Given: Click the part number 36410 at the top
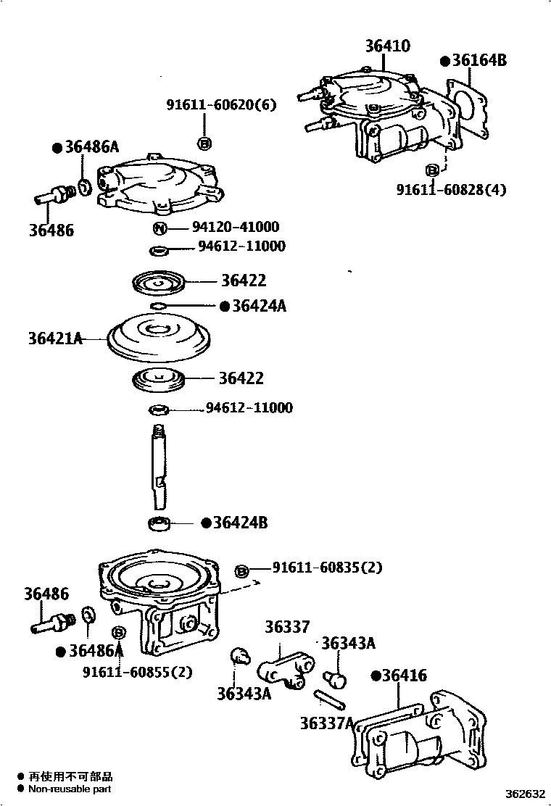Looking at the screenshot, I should pyautogui.click(x=387, y=46).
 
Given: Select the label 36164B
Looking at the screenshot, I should pyautogui.click(x=478, y=61).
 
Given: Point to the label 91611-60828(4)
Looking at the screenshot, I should pyautogui.click(x=451, y=190).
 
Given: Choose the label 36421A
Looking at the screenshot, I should pyautogui.click(x=55, y=338).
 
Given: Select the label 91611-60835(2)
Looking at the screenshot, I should pyautogui.click(x=327, y=568).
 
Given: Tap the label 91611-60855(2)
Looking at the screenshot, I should pyautogui.click(x=137, y=672).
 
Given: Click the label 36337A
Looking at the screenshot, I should pyautogui.click(x=326, y=723).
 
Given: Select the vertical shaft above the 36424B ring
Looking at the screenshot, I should pyautogui.click(x=159, y=468).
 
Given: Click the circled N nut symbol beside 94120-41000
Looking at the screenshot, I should pyautogui.click(x=160, y=229).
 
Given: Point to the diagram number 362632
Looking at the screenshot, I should pyautogui.click(x=525, y=794).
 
